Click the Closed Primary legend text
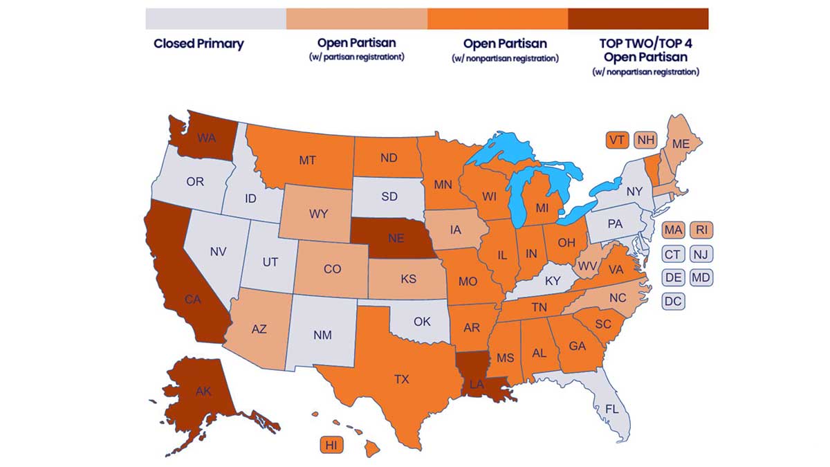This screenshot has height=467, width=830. [x=199, y=44]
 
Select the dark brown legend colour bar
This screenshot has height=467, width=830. [x=638, y=19]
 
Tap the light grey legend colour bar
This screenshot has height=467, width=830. [x=216, y=19]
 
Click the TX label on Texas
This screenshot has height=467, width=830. [x=401, y=379]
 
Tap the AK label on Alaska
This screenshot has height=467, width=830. [x=203, y=391]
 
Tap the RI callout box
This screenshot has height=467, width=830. [x=701, y=230]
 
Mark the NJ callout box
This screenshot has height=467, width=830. [x=701, y=254]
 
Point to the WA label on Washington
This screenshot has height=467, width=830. [x=206, y=138]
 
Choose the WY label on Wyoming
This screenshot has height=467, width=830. [x=318, y=214]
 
